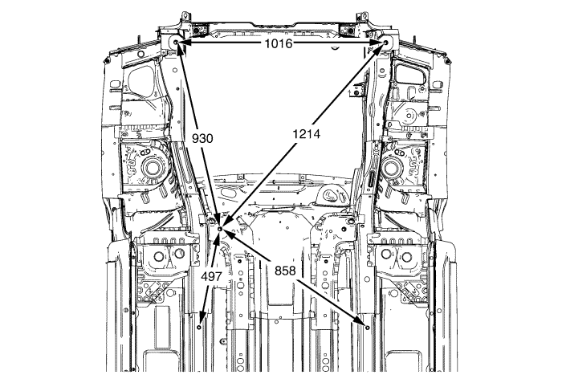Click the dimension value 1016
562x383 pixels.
click(x=279, y=43)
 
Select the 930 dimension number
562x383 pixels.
click(x=202, y=138)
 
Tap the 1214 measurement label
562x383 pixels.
click(x=307, y=134)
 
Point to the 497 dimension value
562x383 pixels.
click(x=211, y=276)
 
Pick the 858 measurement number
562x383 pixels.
click(x=285, y=271)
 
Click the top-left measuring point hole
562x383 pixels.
click(x=176, y=43)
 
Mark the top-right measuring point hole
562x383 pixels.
click(x=385, y=43)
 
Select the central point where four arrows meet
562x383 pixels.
click(x=221, y=228)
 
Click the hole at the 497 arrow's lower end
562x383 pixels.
click(x=199, y=328)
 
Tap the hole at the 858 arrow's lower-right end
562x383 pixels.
click(x=368, y=327)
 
